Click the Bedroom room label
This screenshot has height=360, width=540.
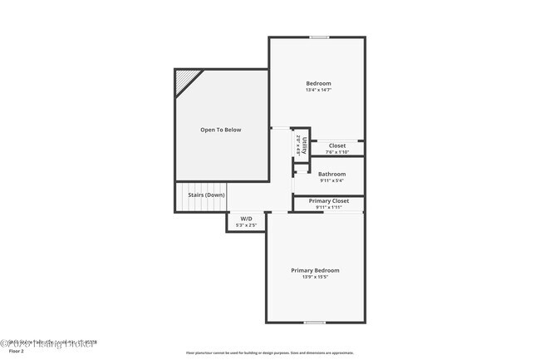pyautogui.click(x=318, y=83)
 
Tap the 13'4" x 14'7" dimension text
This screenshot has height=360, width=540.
pyautogui.click(x=318, y=91)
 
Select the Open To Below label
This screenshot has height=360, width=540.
pyautogui.click(x=220, y=130)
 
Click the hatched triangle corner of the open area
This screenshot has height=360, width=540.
pyautogui.click(x=185, y=80)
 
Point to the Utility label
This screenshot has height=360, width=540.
pyautogui.click(x=304, y=146)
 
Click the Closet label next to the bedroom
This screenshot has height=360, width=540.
pyautogui.click(x=336, y=145)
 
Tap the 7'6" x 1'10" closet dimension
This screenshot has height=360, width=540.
pyautogui.click(x=336, y=152)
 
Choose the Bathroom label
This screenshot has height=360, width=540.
pyautogui.click(x=331, y=174)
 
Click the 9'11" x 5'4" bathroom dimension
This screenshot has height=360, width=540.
pyautogui.click(x=331, y=180)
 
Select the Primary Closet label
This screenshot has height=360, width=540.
pyautogui.click(x=329, y=201)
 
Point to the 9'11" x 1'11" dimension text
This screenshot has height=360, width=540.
pyautogui.click(x=329, y=208)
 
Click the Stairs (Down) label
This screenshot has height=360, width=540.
pyautogui.click(x=206, y=195)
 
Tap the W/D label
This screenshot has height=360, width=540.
pyautogui.click(x=246, y=219)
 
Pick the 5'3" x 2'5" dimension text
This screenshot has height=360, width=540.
pyautogui.click(x=246, y=225)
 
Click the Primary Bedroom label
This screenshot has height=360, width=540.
pyautogui.click(x=315, y=270)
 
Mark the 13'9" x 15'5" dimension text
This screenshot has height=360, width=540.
pyautogui.click(x=315, y=277)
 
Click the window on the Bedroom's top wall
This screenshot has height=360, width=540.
pyautogui.click(x=318, y=37)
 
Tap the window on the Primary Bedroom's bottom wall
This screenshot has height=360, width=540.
pyautogui.click(x=314, y=323)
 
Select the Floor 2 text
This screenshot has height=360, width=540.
pyautogui.click(x=17, y=352)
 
